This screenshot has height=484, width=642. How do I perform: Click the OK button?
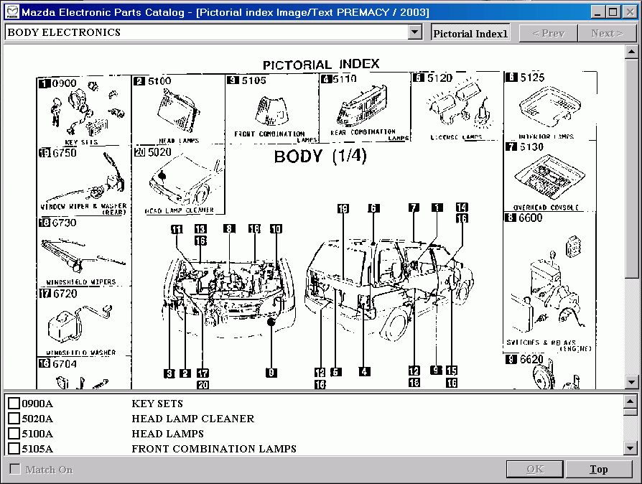pyautogui.click(x=535, y=470)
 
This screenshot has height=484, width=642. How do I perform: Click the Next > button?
pyautogui.click(x=607, y=33)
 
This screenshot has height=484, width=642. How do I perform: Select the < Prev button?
pyautogui.click(x=547, y=33)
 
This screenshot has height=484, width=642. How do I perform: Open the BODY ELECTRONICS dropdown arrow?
pyautogui.click(x=414, y=32)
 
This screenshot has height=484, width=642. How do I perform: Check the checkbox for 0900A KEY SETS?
pyautogui.click(x=14, y=404)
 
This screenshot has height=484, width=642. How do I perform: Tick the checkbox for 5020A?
pyautogui.click(x=14, y=419)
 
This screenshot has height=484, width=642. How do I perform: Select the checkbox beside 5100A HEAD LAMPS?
pyautogui.click(x=14, y=434)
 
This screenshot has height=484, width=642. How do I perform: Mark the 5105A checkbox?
pyautogui.click(x=14, y=449)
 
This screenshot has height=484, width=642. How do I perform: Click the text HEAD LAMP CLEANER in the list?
pyautogui.click(x=192, y=419)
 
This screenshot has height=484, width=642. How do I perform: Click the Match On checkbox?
pyautogui.click(x=15, y=470)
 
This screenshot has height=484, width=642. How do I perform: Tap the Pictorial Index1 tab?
pyautogui.click(x=470, y=33)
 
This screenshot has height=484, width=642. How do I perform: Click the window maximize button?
pyautogui.click(x=613, y=11)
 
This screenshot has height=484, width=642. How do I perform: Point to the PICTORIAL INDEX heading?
pyautogui.click(x=321, y=65)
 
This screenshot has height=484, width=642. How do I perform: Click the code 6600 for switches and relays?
pyautogui.click(x=531, y=218)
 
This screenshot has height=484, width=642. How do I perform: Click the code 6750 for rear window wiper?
pyautogui.click(x=63, y=153)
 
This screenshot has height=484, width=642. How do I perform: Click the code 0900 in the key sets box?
pyautogui.click(x=63, y=84)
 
